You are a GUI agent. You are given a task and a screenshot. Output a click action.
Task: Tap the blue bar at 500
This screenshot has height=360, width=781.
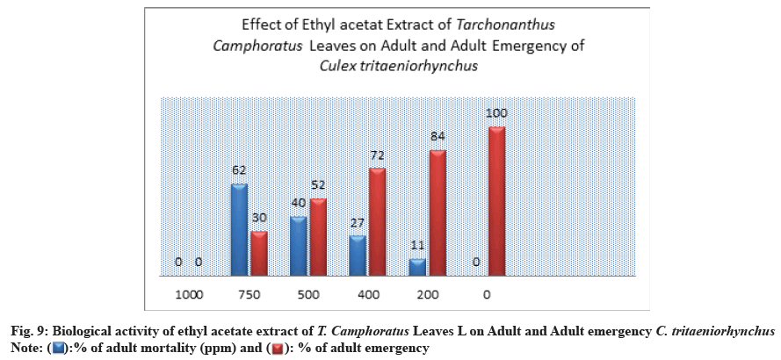(x=299, y=243)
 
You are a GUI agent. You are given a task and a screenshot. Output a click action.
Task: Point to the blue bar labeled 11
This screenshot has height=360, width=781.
(x=417, y=264)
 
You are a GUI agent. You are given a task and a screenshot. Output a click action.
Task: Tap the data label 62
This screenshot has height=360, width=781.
(x=239, y=169)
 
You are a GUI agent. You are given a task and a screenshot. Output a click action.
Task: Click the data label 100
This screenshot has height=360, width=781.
(x=496, y=113)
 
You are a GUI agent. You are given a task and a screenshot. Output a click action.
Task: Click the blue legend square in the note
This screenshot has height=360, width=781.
(x=60, y=349)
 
